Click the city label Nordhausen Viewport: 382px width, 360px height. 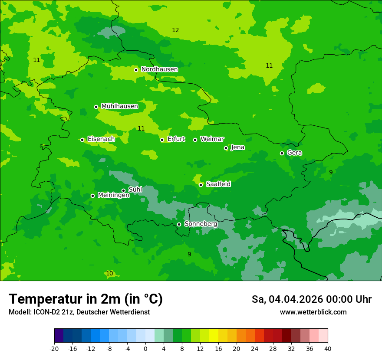tap(159, 69)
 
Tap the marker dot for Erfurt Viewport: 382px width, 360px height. tap(162, 140)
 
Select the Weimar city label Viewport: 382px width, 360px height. tap(212, 139)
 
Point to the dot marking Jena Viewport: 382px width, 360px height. tap(226, 148)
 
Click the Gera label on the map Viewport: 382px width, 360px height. tap(294, 153)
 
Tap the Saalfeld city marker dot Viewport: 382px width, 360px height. tap(201, 185)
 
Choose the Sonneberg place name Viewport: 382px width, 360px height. tap(201, 224)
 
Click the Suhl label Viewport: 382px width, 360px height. tap(135, 190)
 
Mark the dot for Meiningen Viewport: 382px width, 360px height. tap(92, 196)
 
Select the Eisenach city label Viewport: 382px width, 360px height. tap(101, 139)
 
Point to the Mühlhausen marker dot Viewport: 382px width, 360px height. tap(96, 107)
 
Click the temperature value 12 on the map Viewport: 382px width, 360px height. tap(175, 30)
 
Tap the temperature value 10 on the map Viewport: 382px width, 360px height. tap(109, 274)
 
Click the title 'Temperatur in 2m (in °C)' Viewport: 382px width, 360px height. tap(86, 299)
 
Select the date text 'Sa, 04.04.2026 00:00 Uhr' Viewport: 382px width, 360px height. tap(311, 299)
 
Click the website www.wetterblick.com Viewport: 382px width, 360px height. tap(313, 312)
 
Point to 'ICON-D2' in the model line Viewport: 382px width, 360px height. tap(45, 312)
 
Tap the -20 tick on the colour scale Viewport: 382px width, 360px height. tap(54, 348)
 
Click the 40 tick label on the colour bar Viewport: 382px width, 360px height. tap(328, 348)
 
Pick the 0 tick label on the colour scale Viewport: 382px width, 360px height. tap(145, 348)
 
